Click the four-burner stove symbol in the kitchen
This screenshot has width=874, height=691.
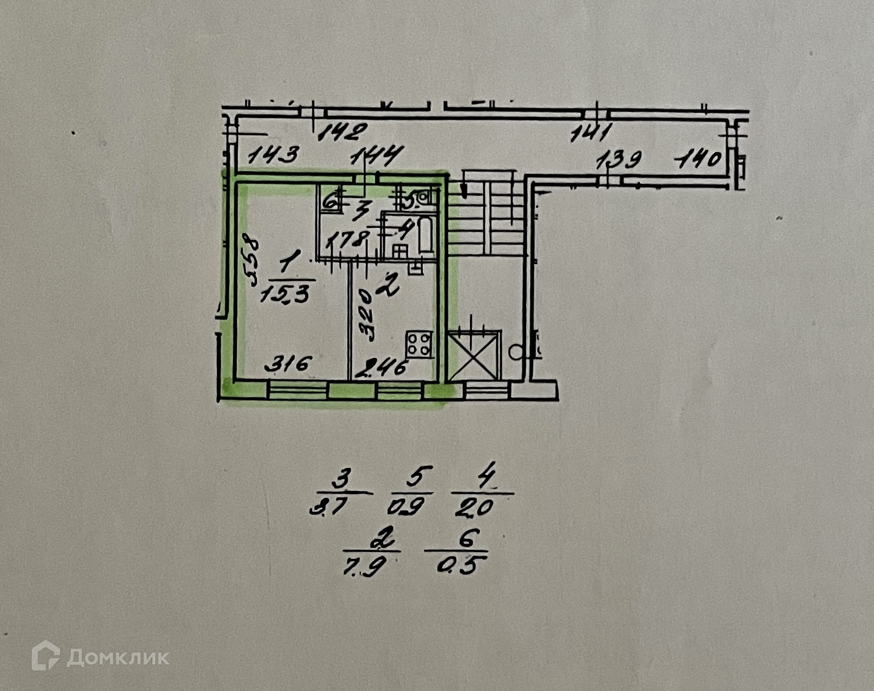coord(419,344)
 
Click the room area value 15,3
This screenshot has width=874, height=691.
coord(285,294)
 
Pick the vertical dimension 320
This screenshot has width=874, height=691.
coord(367,315)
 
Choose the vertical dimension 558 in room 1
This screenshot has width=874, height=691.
coord(251,261)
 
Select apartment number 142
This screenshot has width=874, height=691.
coord(342,132)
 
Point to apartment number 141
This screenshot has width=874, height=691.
coord(591,134)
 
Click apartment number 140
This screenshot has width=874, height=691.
coord(698,160)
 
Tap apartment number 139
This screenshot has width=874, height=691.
coord(619,160)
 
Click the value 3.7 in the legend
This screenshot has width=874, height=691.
coord(330,507)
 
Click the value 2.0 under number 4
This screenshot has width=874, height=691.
coord(475,507)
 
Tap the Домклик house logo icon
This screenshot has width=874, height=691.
coord(45,655)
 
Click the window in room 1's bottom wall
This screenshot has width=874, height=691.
coord(297,390)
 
